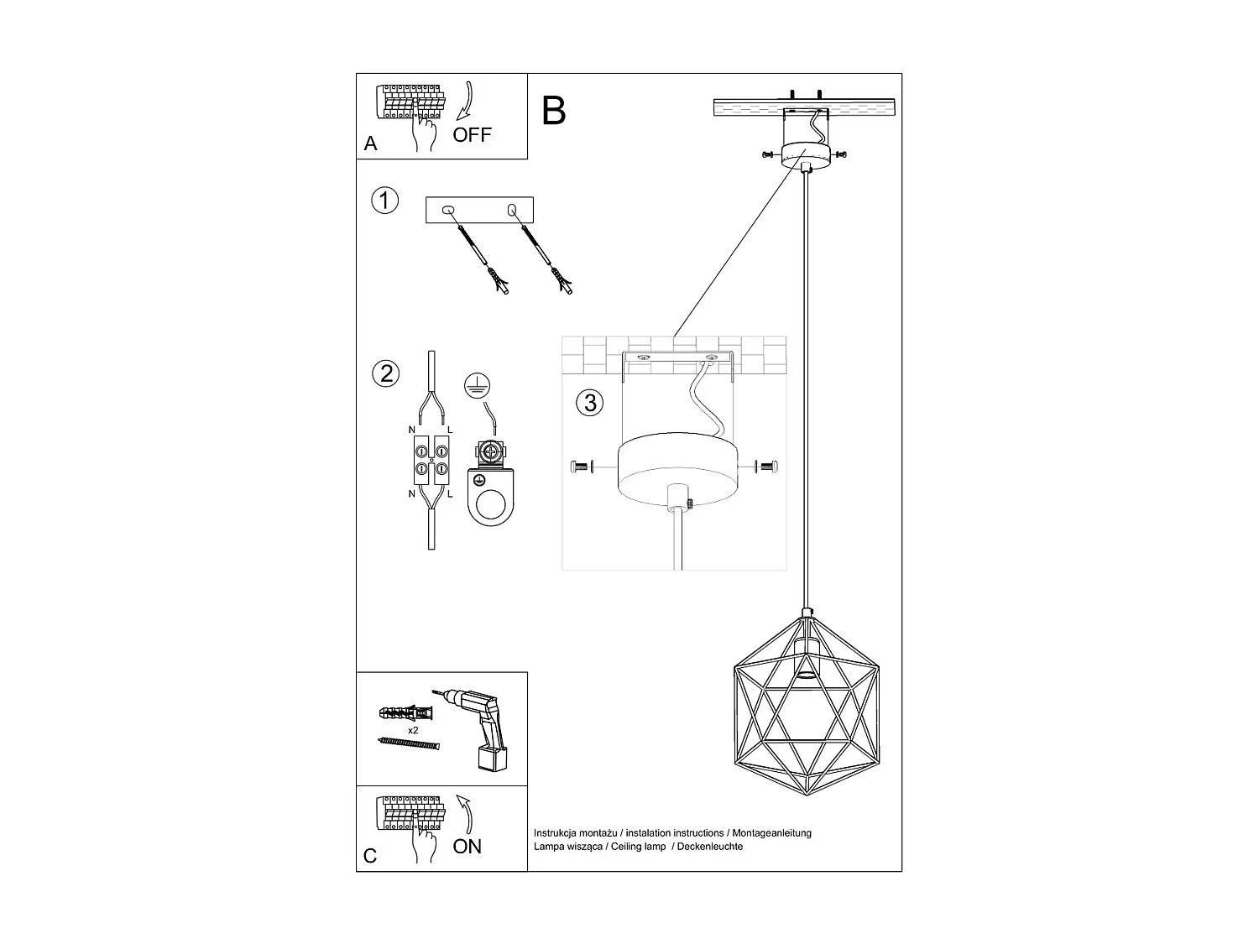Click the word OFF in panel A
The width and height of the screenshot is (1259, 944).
click(x=472, y=135)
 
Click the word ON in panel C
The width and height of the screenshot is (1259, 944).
click(x=468, y=847)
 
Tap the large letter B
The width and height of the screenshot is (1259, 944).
click(x=554, y=111)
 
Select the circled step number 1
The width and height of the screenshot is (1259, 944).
click(x=384, y=201)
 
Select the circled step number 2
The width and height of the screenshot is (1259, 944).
click(x=386, y=373)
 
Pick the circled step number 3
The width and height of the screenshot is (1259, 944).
click(x=590, y=402)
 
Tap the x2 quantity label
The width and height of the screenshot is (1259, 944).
click(x=413, y=731)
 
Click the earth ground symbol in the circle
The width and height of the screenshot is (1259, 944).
click(x=478, y=385)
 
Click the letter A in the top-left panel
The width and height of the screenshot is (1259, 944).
click(x=371, y=144)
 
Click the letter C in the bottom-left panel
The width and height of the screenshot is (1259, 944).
click(x=370, y=856)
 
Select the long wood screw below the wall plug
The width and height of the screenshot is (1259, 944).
click(x=409, y=744)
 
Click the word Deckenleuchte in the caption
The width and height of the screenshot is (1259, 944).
click(x=709, y=847)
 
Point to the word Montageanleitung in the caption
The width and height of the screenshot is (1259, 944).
click(x=771, y=833)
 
